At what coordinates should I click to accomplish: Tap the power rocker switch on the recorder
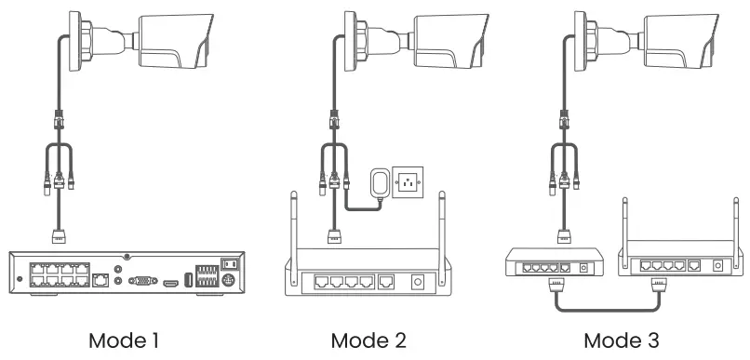[x=226, y=264]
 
